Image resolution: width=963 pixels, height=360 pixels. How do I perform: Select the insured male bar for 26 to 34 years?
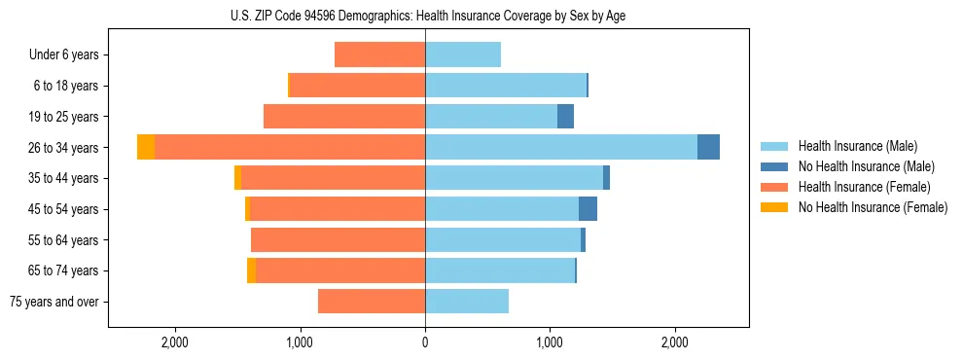(561, 147)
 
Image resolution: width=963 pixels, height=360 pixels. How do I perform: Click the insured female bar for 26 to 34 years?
(290, 147)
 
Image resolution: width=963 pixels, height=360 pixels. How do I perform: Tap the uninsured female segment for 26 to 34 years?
(146, 147)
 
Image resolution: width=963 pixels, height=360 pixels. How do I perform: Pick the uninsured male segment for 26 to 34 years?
(708, 147)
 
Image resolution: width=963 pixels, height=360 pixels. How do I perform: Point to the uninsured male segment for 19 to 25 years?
(565, 117)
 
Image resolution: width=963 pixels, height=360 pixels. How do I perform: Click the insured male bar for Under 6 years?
(463, 54)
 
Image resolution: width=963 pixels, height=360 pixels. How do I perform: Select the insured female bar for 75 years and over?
(372, 302)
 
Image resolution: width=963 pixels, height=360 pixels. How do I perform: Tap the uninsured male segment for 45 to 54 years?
(588, 209)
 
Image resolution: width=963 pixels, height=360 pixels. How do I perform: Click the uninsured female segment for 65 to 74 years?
(252, 270)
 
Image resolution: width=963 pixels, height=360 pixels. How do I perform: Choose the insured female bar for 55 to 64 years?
(338, 239)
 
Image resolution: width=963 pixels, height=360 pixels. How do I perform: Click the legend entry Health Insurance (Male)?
(857, 146)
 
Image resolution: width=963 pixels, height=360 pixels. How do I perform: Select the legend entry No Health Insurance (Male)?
(864, 166)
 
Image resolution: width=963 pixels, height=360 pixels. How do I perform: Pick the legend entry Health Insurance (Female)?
(864, 187)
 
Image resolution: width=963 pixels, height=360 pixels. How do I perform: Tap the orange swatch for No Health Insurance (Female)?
(774, 207)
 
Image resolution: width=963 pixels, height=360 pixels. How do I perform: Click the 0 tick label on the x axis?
(425, 343)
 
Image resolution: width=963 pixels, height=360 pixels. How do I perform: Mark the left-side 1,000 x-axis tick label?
(300, 343)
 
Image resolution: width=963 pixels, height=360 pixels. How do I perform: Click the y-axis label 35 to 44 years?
(63, 178)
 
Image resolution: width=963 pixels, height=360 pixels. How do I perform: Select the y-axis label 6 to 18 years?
(66, 86)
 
